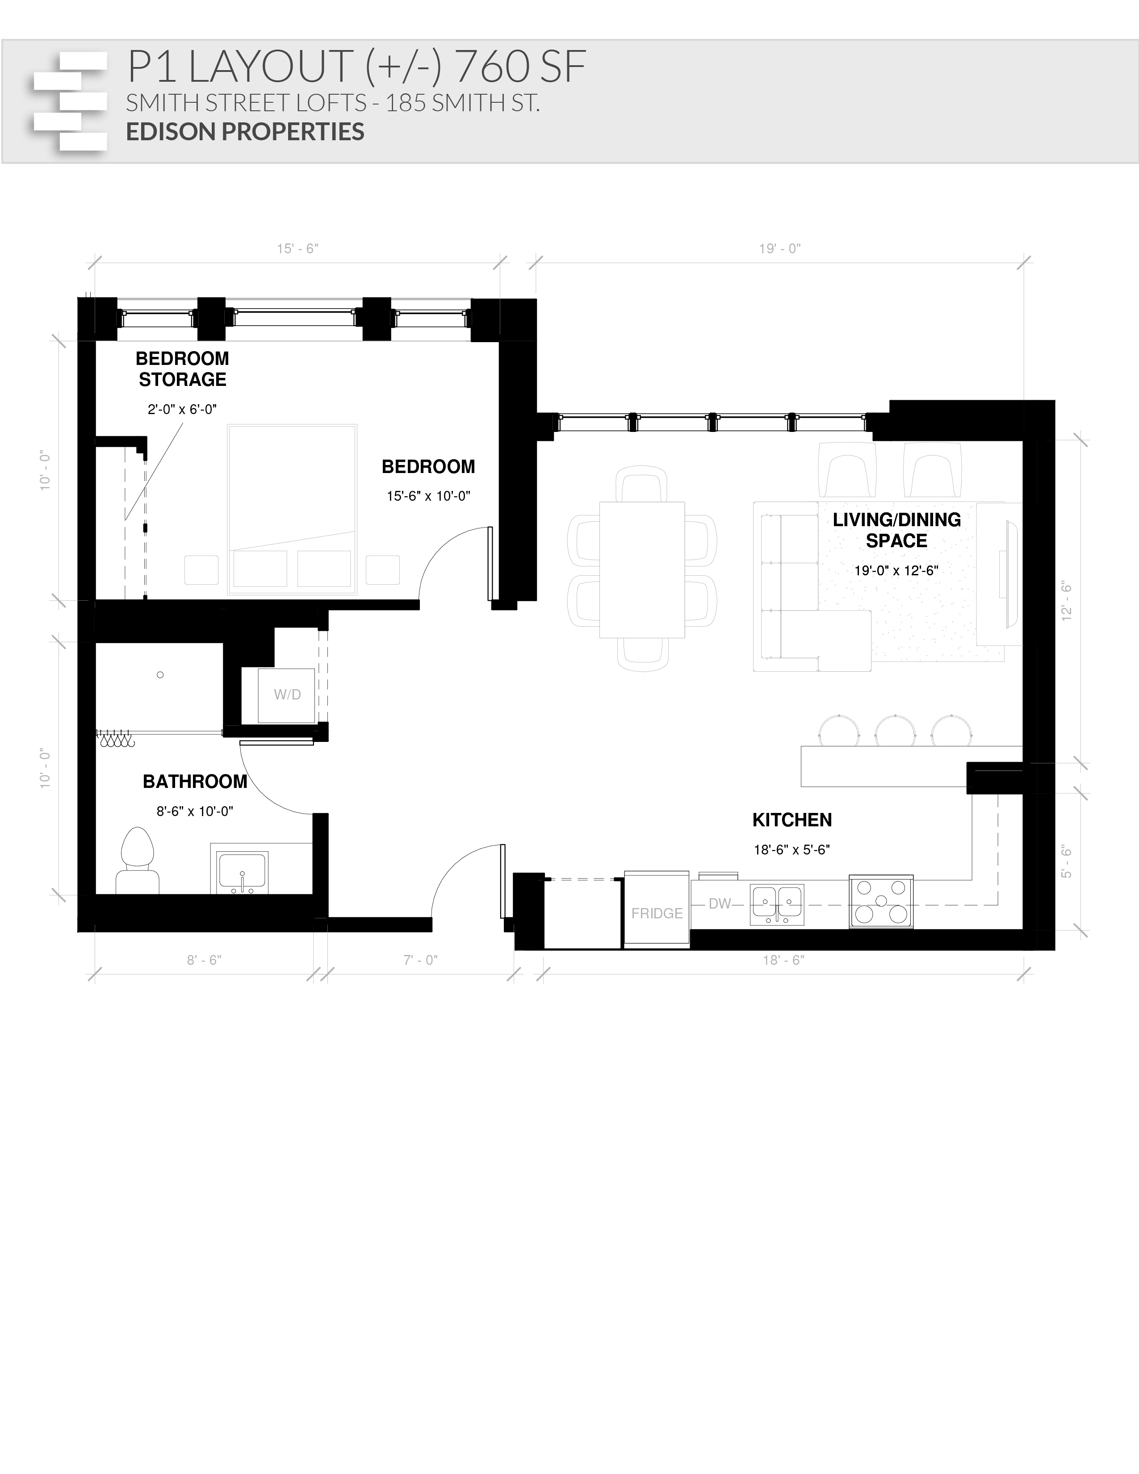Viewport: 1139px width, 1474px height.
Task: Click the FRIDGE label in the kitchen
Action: point(657,913)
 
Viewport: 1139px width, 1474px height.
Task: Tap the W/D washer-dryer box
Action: point(287,695)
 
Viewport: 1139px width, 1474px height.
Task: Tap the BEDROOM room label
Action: point(428,466)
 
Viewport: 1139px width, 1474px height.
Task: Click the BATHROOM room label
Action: point(195,782)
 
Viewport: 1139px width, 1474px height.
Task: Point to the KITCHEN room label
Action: point(791,820)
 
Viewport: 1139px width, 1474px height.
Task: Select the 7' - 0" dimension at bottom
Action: point(420,960)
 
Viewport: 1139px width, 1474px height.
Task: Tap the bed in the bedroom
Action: point(292,510)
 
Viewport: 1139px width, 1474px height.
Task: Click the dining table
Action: point(642,569)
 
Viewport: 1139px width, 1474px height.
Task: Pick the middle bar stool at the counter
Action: point(895,731)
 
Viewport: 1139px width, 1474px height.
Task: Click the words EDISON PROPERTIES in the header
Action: point(245,132)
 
